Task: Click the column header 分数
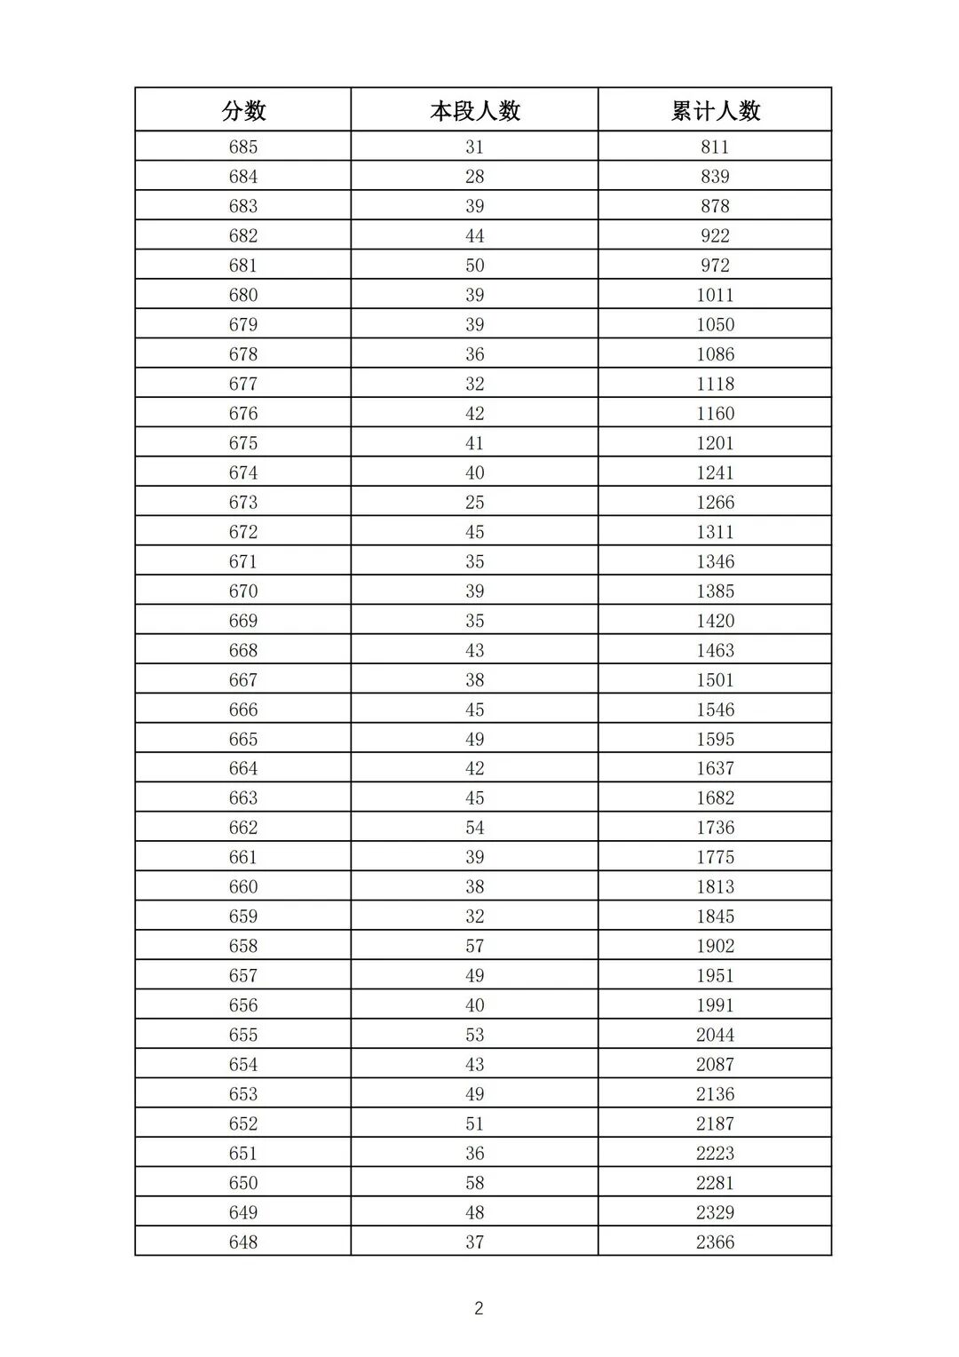tap(243, 111)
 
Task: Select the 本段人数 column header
tap(475, 111)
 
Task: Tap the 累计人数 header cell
tap(716, 111)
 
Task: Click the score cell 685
tap(243, 147)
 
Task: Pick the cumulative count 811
tap(715, 147)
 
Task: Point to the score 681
tap(243, 266)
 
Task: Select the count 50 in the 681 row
tap(475, 266)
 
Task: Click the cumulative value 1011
tap(715, 295)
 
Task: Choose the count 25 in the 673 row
tap(475, 503)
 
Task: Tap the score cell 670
tap(243, 591)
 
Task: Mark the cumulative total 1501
tap(715, 680)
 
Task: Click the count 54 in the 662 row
tap(475, 828)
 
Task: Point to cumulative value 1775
tap(715, 857)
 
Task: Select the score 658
tap(243, 946)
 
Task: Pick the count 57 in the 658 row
tap(475, 946)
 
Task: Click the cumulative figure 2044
tap(715, 1035)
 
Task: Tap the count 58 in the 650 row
tap(475, 1183)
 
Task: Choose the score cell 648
tap(243, 1242)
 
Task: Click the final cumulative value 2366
tap(715, 1242)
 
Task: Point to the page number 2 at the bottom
tap(479, 1308)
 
